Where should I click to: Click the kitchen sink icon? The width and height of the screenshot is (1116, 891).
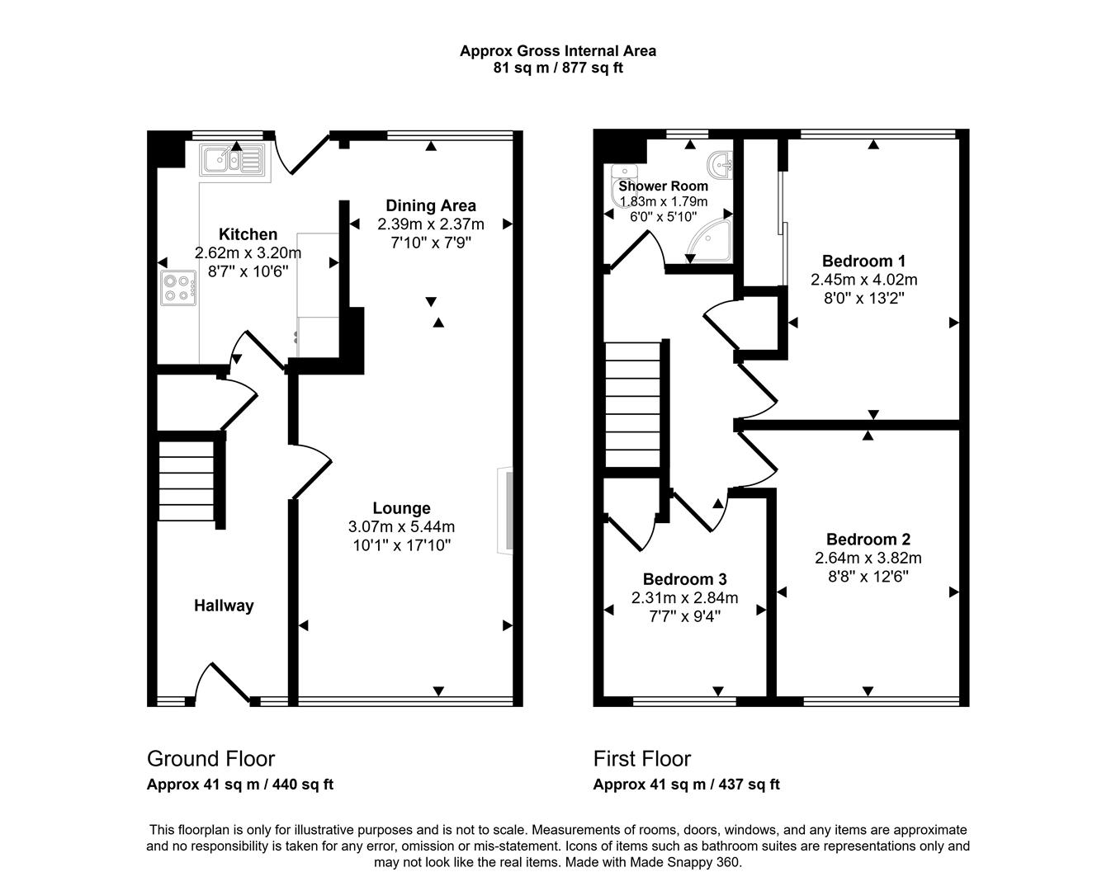point(234,159)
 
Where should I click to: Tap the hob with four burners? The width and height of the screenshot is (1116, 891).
point(178,288)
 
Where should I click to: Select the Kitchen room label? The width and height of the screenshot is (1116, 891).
point(248,234)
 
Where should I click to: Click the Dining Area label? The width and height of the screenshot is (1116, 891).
point(431,205)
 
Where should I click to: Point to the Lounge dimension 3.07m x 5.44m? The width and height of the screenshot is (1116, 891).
point(401,527)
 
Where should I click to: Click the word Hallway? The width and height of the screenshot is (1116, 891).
point(224,606)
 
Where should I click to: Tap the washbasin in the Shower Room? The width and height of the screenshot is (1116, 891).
point(721,163)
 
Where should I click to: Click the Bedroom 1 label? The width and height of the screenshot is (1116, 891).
point(864,261)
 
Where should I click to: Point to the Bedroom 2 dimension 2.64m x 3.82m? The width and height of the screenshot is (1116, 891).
point(868,559)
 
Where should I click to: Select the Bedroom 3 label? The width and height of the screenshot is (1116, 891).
point(685,579)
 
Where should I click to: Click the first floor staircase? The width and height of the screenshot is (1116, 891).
point(633,404)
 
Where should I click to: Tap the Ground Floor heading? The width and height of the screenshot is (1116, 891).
point(211,759)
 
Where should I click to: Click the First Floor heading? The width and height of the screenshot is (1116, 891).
point(642,759)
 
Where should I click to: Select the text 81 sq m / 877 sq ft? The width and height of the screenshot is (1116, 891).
point(558,68)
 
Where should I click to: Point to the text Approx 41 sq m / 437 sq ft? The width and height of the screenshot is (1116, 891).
point(687,785)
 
